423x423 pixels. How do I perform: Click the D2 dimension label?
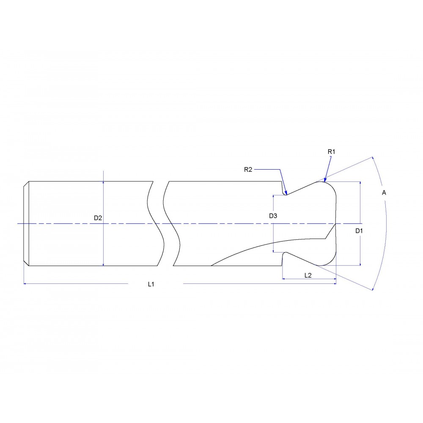pyautogui.click(x=98, y=218)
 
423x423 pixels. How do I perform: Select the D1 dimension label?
pyautogui.click(x=359, y=231)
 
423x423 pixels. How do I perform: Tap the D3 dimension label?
pyautogui.click(x=273, y=216)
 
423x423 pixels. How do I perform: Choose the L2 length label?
pyautogui.click(x=308, y=275)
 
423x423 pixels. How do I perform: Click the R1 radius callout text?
pyautogui.click(x=331, y=151)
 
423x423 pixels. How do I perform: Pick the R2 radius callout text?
pyautogui.click(x=248, y=170)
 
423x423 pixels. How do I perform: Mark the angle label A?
pyautogui.click(x=384, y=192)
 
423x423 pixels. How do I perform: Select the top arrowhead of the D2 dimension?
pyautogui.click(x=104, y=183)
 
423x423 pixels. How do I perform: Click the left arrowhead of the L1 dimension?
pyautogui.click(x=25, y=283)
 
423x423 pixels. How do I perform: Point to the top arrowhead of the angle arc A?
pyautogui.click(x=373, y=159)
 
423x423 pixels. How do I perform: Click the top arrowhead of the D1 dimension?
pyautogui.click(x=360, y=184)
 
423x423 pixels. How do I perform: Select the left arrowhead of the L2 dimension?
pyautogui.click(x=284, y=279)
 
